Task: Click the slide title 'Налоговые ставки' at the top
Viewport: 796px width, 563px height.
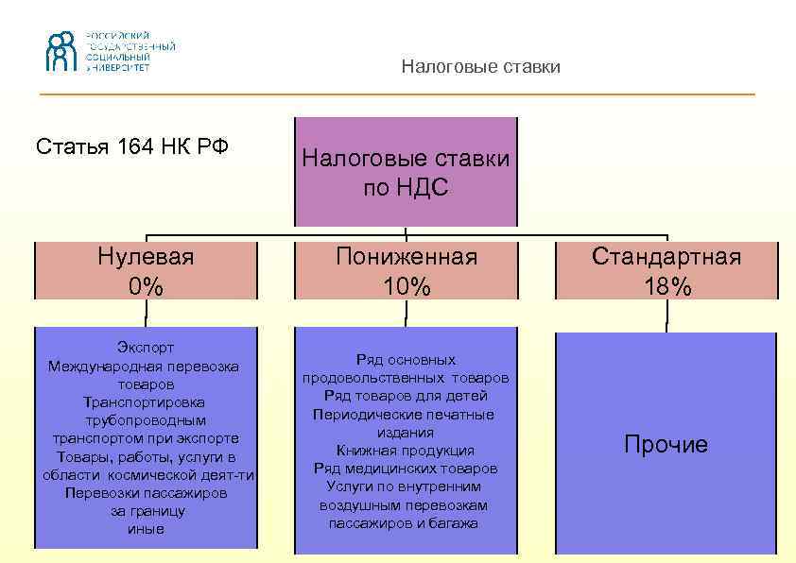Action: [480, 67]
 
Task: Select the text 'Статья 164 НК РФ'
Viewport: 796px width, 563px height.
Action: [132, 147]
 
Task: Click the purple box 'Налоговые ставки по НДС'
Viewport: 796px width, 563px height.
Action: [406, 172]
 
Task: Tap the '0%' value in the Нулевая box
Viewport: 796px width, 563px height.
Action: [146, 286]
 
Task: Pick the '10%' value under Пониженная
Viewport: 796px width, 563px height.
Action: [407, 286]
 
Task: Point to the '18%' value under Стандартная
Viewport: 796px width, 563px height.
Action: [666, 286]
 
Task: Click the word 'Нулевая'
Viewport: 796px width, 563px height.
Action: [146, 257]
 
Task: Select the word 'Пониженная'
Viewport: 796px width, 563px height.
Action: [407, 257]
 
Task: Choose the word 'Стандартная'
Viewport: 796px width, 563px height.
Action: [666, 257]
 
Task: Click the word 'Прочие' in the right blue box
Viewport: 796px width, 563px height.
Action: [666, 445]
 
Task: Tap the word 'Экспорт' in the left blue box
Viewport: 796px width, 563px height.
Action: [146, 349]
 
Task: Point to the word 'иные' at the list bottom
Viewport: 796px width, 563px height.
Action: [146, 529]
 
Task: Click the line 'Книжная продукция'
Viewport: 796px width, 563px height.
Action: [406, 451]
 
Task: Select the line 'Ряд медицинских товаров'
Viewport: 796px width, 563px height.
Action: [406, 469]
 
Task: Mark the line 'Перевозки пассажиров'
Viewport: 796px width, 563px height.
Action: [146, 493]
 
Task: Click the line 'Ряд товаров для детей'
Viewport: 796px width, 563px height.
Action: [406, 396]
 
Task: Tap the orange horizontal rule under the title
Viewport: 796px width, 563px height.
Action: [397, 94]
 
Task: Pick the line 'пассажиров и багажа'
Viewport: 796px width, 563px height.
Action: [406, 522]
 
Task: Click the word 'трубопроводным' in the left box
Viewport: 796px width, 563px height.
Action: [146, 420]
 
